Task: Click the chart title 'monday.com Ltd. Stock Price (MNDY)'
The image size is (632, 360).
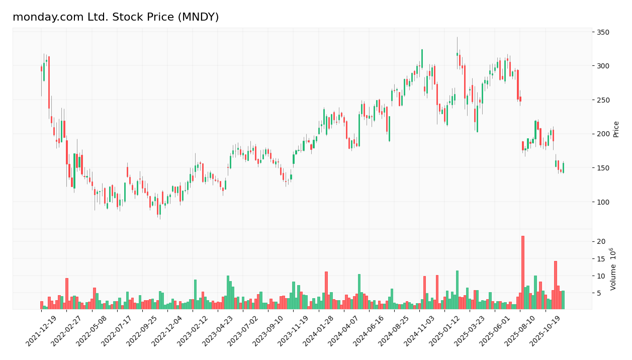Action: point(116,17)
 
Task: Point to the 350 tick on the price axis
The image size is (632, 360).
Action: point(603,32)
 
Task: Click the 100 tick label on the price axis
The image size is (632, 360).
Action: point(603,202)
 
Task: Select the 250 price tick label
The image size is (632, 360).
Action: point(603,100)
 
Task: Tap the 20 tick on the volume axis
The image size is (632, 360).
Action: point(601,242)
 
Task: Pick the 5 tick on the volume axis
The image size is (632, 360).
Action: point(599,293)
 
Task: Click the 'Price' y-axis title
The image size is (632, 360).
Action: point(616,129)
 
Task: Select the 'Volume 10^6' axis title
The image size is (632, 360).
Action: point(613,269)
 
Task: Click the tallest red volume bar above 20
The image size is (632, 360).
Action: point(523,273)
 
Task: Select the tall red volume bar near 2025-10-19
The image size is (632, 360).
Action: point(556,285)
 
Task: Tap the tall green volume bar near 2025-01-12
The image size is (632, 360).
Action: point(457,290)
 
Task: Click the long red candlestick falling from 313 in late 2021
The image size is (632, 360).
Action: point(49,82)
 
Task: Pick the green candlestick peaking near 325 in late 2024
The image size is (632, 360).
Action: point(422,58)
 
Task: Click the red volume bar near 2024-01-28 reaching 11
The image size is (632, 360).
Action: point(326,290)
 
